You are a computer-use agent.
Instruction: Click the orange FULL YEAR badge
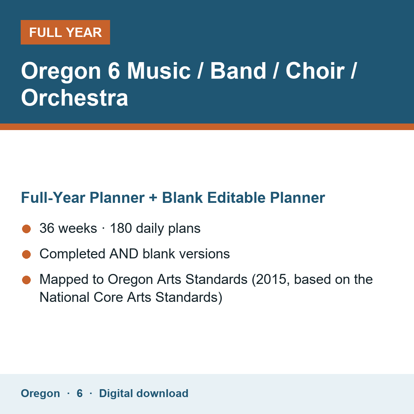click(65, 32)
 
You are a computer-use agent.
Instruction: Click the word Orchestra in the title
click(75, 98)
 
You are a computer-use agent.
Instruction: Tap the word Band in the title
click(238, 71)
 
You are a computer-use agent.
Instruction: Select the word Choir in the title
click(315, 71)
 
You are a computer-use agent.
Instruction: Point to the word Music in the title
click(159, 71)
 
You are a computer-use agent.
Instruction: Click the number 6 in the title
click(114, 71)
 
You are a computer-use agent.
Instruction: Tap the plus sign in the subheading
click(153, 198)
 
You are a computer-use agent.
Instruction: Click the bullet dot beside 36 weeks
click(27, 229)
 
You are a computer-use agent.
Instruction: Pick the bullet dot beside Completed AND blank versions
click(27, 254)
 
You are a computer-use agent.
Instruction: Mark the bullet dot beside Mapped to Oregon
click(27, 280)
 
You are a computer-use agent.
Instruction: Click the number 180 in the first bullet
click(121, 228)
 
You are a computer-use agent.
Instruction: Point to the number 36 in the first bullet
click(47, 228)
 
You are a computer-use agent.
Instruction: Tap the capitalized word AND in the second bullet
click(124, 254)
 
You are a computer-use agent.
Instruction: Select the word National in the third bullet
click(64, 297)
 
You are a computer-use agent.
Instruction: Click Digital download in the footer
click(144, 393)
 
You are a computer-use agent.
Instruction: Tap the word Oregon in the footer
click(40, 394)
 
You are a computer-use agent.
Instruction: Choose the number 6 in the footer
click(79, 393)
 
